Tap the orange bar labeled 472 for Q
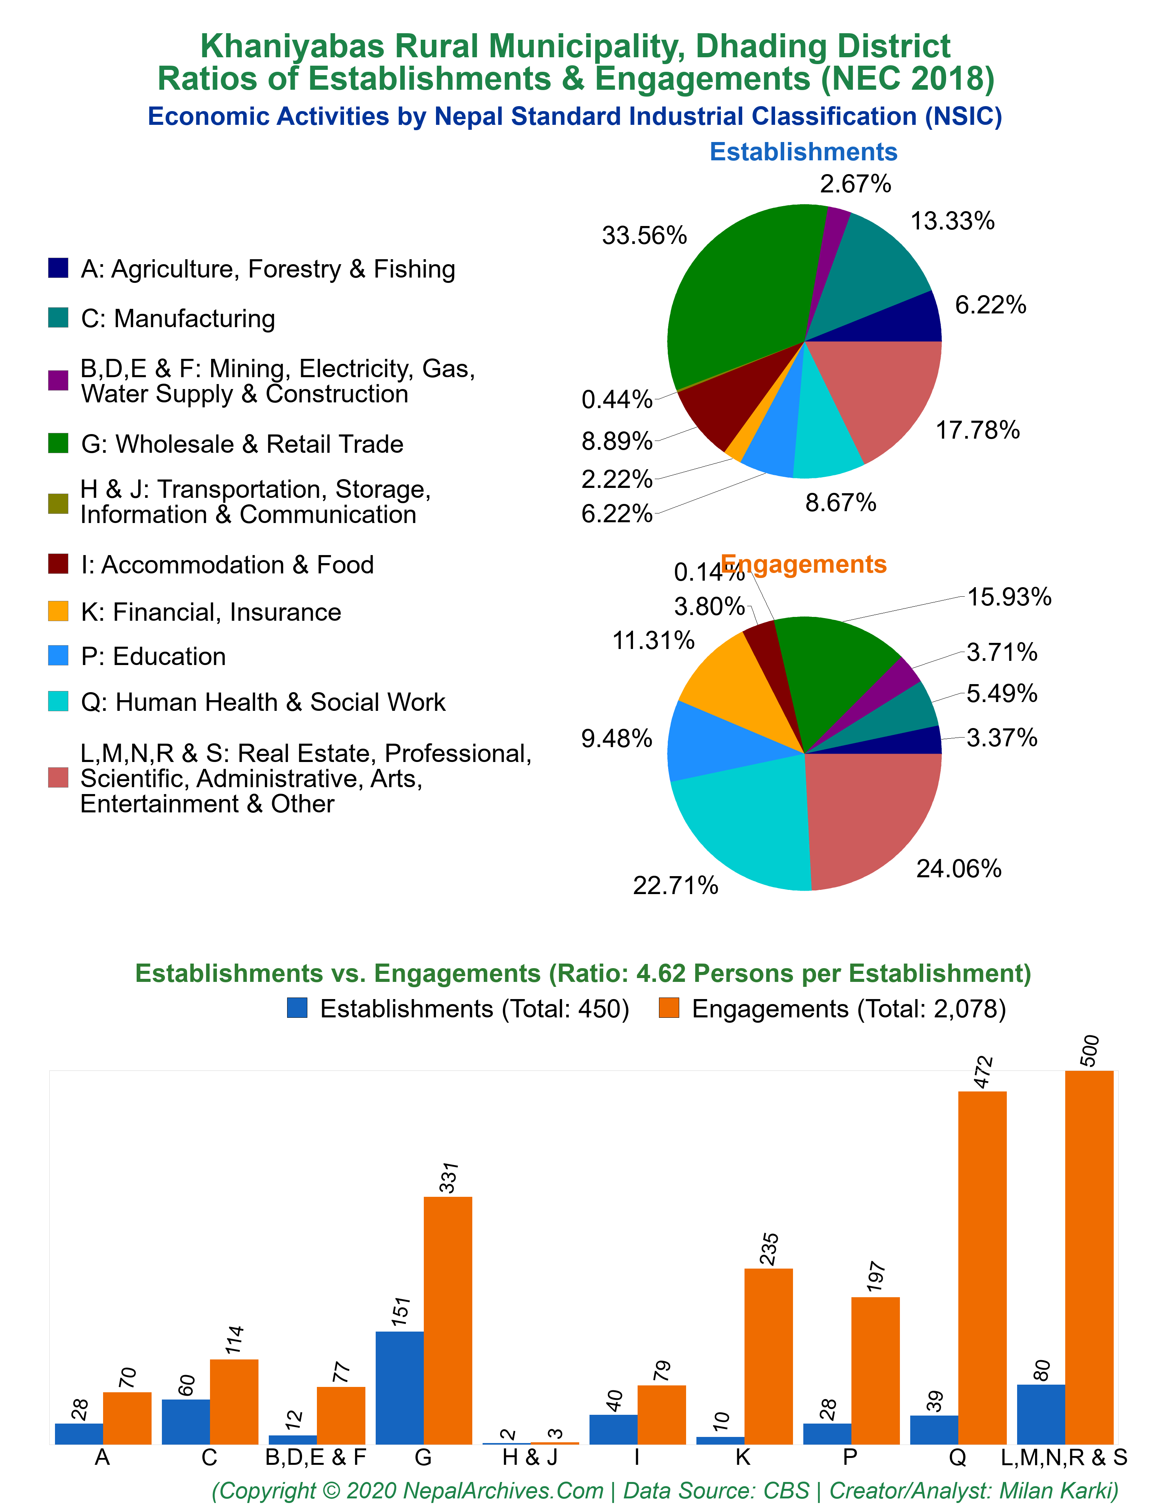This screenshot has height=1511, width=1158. point(982,1268)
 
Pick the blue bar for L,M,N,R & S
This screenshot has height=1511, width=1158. point(1041,1414)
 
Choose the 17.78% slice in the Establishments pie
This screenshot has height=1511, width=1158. point(882,393)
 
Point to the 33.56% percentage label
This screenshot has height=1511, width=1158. point(644,236)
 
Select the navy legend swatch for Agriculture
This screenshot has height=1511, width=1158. point(58,268)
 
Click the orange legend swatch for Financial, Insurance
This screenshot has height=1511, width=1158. point(58,611)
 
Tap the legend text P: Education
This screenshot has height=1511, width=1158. point(153,657)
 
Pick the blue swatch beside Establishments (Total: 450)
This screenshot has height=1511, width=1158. point(297,1008)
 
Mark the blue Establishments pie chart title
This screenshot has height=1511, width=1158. point(804,152)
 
